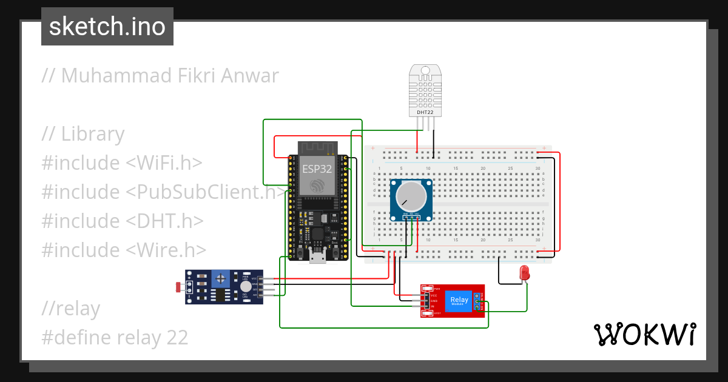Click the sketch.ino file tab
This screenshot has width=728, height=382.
[107, 27]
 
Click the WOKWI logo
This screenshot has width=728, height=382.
[644, 334]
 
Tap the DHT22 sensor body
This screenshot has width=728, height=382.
[425, 91]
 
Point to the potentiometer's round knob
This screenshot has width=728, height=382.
[411, 196]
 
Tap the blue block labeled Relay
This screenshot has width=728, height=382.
[459, 301]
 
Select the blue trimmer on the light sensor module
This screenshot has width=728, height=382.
[221, 279]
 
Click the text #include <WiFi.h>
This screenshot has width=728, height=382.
[122, 163]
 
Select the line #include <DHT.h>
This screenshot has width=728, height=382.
[122, 221]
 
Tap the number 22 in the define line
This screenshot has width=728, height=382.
[177, 337]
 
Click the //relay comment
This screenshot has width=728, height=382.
[70, 309]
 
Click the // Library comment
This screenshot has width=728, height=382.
[83, 134]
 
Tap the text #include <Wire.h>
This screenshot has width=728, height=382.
[124, 250]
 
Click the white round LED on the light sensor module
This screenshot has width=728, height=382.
[245, 286]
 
